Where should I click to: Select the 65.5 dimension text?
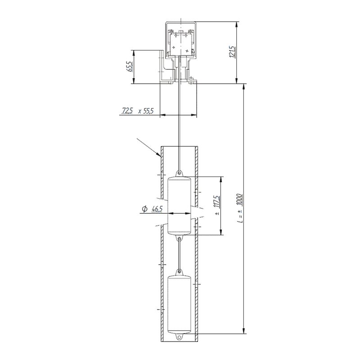[130, 67]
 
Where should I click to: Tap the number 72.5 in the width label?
[127, 110]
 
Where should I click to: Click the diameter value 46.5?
[157, 209]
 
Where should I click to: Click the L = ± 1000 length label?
[239, 208]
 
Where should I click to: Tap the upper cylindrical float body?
[180, 206]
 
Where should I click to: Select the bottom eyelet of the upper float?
[180, 238]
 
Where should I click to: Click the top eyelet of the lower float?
[180, 271]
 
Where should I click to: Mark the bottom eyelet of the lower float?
[180, 336]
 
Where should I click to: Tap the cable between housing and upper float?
[180, 126]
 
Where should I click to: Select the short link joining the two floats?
[180, 255]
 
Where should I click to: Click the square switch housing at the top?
[181, 43]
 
